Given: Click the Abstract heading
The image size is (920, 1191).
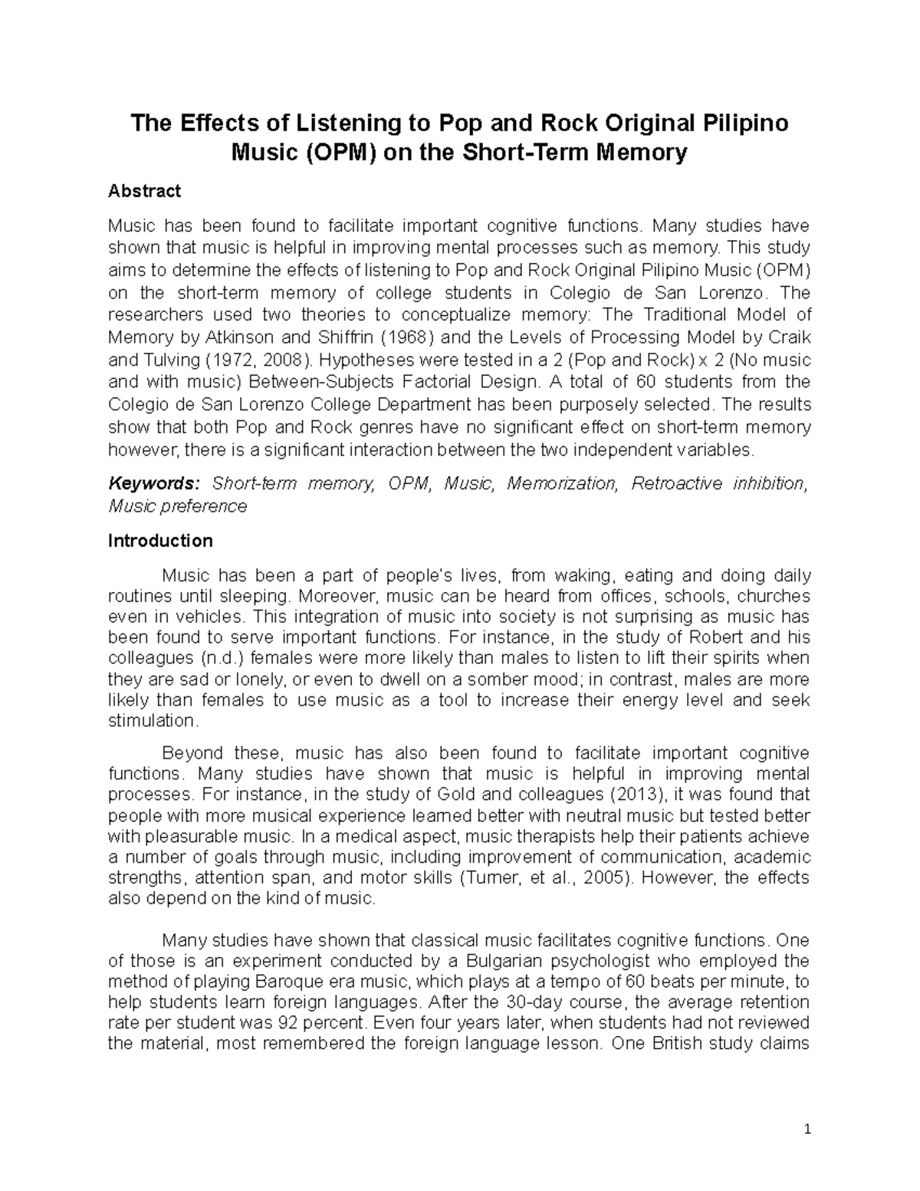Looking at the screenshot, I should point(144,190).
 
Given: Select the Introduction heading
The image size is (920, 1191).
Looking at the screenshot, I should point(160,541).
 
